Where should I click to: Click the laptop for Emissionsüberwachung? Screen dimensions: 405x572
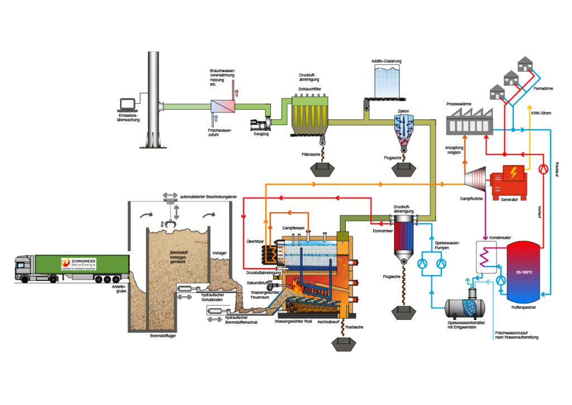click(128, 105)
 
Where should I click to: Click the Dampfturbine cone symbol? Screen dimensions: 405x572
click(475, 180)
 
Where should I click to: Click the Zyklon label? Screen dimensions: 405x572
click(403, 111)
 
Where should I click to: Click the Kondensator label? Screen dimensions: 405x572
click(500, 238)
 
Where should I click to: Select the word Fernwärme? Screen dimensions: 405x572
click(545, 88)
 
